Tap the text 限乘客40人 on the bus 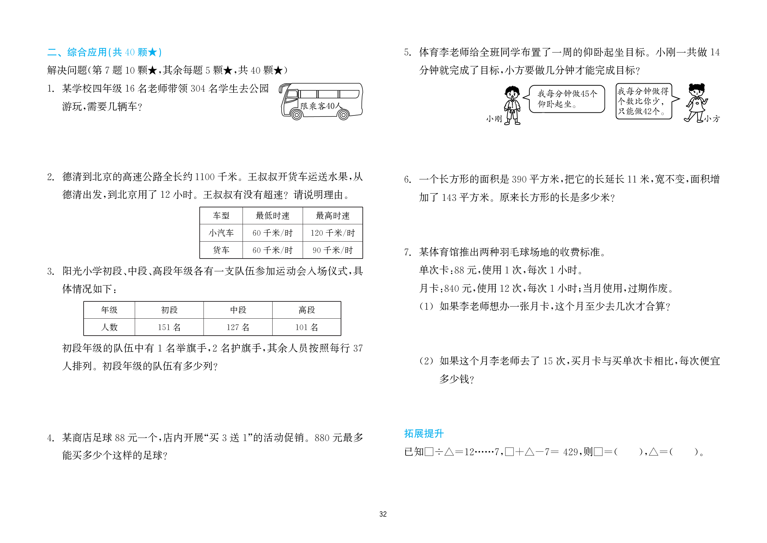click(320, 106)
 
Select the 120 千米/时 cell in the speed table click(332, 233)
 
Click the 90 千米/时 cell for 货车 click(332, 250)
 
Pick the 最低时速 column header click(272, 216)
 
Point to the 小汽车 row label click(221, 233)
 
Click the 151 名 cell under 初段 click(169, 327)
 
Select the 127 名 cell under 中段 click(238, 327)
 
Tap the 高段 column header click(306, 310)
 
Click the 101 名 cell click(306, 327)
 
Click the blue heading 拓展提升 click(424, 433)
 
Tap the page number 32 click(383, 514)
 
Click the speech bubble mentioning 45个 click(567, 99)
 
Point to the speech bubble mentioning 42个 click(643, 101)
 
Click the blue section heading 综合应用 click(87, 52)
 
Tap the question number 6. click(407, 179)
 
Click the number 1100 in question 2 click(205, 177)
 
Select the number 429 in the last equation click(570, 452)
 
